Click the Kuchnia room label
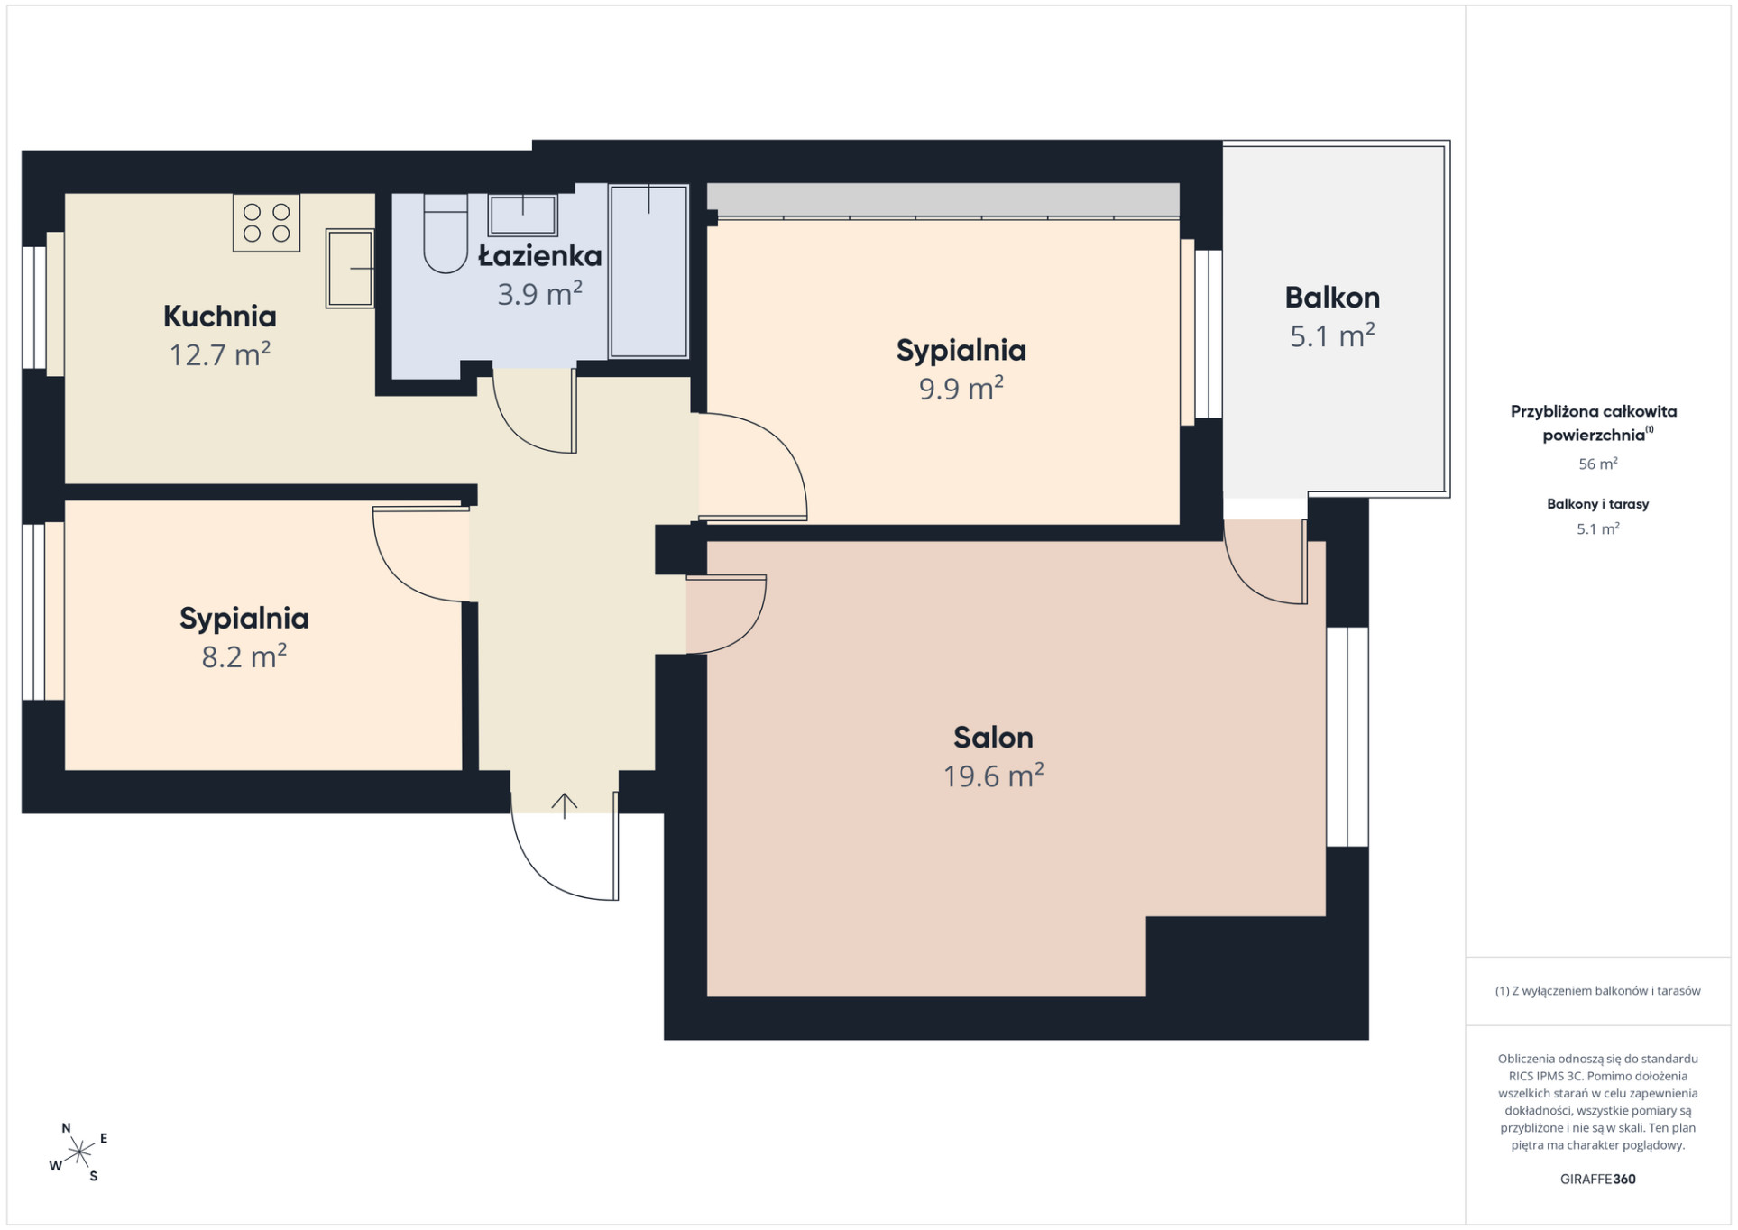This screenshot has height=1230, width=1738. [x=219, y=316]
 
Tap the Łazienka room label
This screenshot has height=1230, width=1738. [x=539, y=255]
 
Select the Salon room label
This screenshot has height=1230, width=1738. [x=993, y=738]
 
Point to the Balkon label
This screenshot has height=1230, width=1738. [x=1332, y=298]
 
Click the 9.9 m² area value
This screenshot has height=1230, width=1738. [x=961, y=389]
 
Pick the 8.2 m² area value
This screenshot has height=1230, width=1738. [x=244, y=656]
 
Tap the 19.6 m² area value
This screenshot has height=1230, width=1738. [x=993, y=776]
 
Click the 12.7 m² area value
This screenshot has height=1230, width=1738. [x=219, y=354]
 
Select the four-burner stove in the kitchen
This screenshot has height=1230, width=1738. [x=266, y=223]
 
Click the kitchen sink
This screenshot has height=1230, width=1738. [x=350, y=268]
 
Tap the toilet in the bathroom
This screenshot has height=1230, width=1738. [x=446, y=233]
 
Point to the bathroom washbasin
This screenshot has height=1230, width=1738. [x=523, y=215]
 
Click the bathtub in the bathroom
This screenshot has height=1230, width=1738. [x=648, y=271]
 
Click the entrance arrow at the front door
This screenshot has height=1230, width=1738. [x=565, y=805]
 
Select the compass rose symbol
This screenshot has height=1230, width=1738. [x=79, y=1152]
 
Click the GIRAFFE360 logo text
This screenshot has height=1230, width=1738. [x=1597, y=1179]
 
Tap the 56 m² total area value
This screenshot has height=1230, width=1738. [x=1597, y=464]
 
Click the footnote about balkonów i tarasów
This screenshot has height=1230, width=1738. [x=1597, y=990]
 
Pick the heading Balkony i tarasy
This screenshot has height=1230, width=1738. [x=1597, y=504]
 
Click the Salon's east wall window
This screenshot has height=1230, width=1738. [x=1347, y=737]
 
